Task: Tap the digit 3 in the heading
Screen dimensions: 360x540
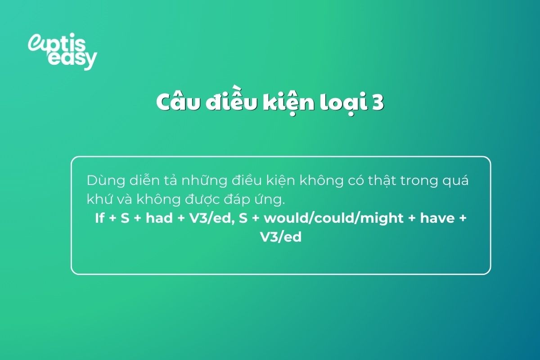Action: [377, 103]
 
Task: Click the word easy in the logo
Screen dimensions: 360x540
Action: [72, 59]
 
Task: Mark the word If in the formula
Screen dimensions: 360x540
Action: [100, 218]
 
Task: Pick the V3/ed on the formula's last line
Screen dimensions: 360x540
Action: [281, 237]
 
